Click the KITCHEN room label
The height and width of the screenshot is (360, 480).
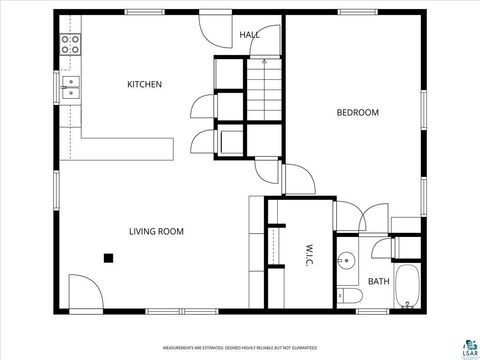click(144, 85)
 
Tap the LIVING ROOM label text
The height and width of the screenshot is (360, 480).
click(156, 231)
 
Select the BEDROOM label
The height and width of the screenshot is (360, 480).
click(357, 113)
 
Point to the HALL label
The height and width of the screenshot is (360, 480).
click(250, 35)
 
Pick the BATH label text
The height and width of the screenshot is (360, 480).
click(378, 282)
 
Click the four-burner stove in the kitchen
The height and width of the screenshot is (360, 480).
click(70, 43)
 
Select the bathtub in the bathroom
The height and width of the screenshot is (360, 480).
click(409, 286)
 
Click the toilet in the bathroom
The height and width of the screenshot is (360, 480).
click(346, 294)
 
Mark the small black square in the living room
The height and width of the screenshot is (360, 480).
click(108, 257)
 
